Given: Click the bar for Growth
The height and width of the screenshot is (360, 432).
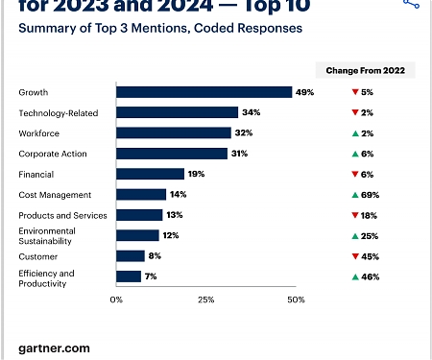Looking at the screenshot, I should click(x=204, y=92).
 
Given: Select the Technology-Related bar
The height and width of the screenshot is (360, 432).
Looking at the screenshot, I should click(x=177, y=112).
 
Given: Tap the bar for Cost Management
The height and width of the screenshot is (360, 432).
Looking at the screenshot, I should click(x=141, y=194).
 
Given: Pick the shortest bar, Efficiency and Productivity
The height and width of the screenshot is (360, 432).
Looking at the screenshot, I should click(x=129, y=276).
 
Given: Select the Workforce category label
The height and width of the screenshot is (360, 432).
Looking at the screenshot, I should click(x=39, y=133).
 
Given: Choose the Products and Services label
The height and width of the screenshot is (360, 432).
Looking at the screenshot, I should click(x=57, y=215).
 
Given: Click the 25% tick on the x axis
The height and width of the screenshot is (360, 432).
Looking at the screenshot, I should click(x=205, y=300).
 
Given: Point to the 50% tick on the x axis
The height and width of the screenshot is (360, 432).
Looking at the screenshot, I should click(x=296, y=300).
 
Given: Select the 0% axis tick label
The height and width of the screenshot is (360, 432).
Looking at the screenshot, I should click(x=116, y=300).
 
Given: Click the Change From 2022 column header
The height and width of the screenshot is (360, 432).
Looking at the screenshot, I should click(x=365, y=70).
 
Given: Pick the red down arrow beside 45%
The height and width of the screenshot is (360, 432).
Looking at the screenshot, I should click(x=355, y=256).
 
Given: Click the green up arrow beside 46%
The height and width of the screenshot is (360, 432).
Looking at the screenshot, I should click(x=355, y=276).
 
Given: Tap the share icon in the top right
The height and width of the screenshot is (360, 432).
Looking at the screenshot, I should click(x=412, y=5).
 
